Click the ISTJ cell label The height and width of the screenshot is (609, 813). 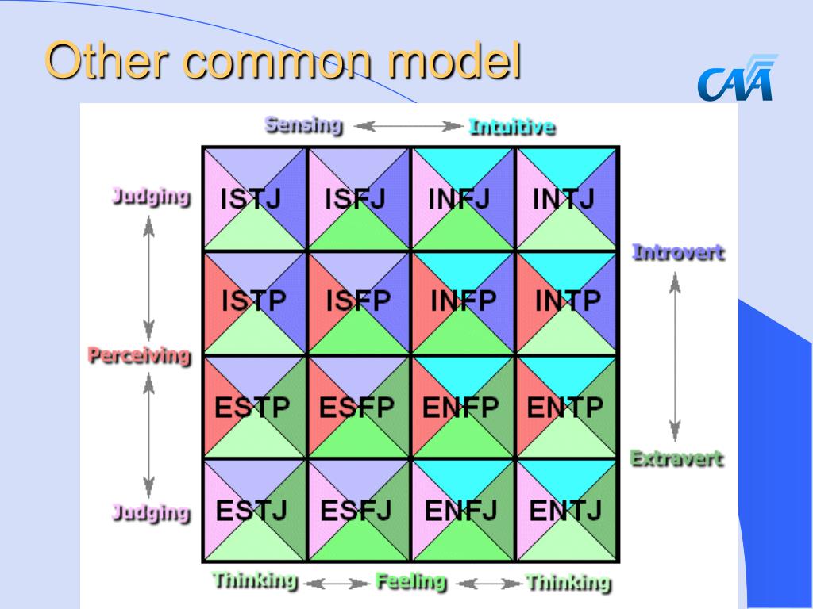click(251, 199)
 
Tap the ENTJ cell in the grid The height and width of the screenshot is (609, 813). click(567, 511)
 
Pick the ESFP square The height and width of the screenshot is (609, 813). click(358, 407)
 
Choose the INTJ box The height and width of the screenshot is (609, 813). click(567, 199)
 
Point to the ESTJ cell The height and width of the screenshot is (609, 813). click(255, 511)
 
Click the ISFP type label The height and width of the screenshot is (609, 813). click(358, 301)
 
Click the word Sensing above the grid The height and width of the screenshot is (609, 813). click(304, 125)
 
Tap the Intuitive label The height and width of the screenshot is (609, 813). click(512, 127)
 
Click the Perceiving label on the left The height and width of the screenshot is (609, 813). click(140, 356)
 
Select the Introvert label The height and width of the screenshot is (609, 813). click(678, 253)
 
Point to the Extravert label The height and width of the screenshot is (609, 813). click(676, 459)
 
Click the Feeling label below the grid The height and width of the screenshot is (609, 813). click(410, 581)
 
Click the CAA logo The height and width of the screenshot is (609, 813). click(736, 79)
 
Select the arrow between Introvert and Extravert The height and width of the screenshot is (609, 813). click(675, 357)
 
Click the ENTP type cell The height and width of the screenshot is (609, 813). click(567, 407)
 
